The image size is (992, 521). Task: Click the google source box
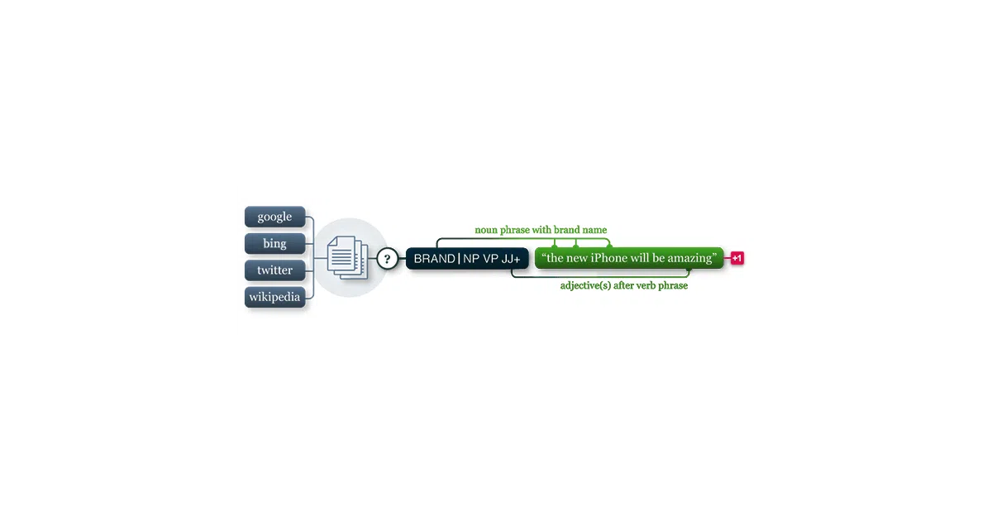[274, 217]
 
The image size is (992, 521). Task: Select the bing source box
[274, 243]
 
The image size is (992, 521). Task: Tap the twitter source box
[274, 270]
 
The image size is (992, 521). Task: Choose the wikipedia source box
[274, 297]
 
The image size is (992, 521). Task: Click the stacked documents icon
[348, 257]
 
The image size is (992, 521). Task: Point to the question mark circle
[387, 259]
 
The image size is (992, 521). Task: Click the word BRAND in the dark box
[435, 259]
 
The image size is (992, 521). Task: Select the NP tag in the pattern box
[471, 259]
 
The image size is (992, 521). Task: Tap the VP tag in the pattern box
[491, 259]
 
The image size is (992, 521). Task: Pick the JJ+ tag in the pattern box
[511, 259]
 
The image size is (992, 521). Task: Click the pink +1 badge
[737, 258]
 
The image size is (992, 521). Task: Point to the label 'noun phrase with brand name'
[541, 230]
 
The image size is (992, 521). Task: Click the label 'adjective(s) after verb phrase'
[624, 286]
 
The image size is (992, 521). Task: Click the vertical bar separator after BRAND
[460, 259]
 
